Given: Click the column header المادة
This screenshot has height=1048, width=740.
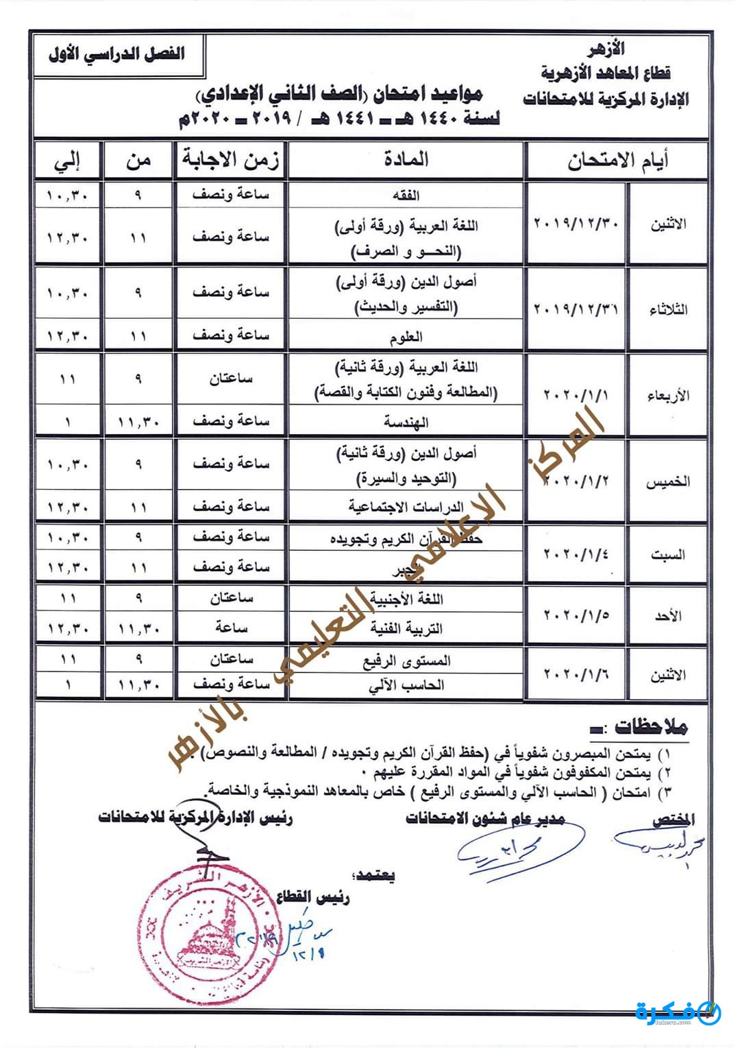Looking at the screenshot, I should [406, 160].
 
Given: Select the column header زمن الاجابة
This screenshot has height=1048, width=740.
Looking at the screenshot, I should [230, 160].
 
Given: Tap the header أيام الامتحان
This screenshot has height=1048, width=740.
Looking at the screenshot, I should [617, 161].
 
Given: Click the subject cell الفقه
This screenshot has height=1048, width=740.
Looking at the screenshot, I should [406, 195].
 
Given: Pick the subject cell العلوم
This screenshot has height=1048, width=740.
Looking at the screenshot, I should [406, 336].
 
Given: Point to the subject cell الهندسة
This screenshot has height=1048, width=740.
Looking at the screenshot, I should [406, 422].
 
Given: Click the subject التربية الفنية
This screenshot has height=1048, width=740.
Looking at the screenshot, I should [406, 628].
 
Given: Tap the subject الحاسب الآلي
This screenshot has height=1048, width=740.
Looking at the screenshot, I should [406, 684].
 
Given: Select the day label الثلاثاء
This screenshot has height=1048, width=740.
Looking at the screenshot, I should [667, 309].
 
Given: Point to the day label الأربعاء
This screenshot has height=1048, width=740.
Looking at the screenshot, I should [667, 396].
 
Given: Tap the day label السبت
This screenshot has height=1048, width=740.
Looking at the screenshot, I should [667, 555].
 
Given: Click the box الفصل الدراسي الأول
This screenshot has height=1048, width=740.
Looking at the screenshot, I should [117, 53].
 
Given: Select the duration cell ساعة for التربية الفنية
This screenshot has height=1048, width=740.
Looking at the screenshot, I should [230, 628].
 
